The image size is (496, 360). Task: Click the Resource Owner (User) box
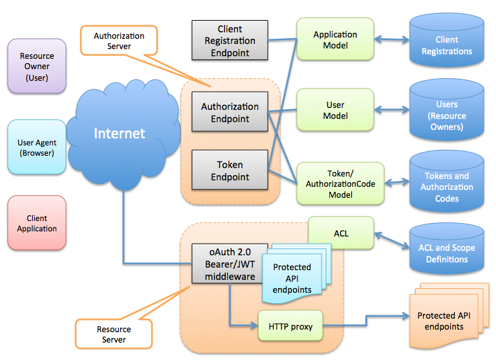pyautogui.click(x=37, y=66)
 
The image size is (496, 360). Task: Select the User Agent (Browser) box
pyautogui.click(x=37, y=147)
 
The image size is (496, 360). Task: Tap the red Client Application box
pyautogui.click(x=37, y=223)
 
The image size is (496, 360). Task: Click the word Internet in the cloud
pyautogui.click(x=120, y=134)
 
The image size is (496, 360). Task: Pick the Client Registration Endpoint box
pyautogui.click(x=230, y=41)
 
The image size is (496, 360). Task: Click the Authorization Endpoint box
pyautogui.click(x=230, y=112)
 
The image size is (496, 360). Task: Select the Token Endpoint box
pyautogui.click(x=230, y=171)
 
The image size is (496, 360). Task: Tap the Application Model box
pyautogui.click(x=335, y=40)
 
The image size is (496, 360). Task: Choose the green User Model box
pyautogui.click(x=335, y=110)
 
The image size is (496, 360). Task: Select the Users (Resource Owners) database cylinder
pyautogui.click(x=446, y=115)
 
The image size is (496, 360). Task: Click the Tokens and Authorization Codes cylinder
pyautogui.click(x=446, y=186)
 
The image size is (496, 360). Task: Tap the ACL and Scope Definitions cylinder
pyautogui.click(x=446, y=253)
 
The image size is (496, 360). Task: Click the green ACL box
pyautogui.click(x=341, y=233)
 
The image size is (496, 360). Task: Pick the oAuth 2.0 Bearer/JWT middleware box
pyautogui.click(x=230, y=264)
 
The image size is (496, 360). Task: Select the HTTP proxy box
pyautogui.click(x=290, y=326)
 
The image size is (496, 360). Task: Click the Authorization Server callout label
pyautogui.click(x=118, y=41)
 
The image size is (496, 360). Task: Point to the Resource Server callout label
pyautogui.click(x=114, y=334)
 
